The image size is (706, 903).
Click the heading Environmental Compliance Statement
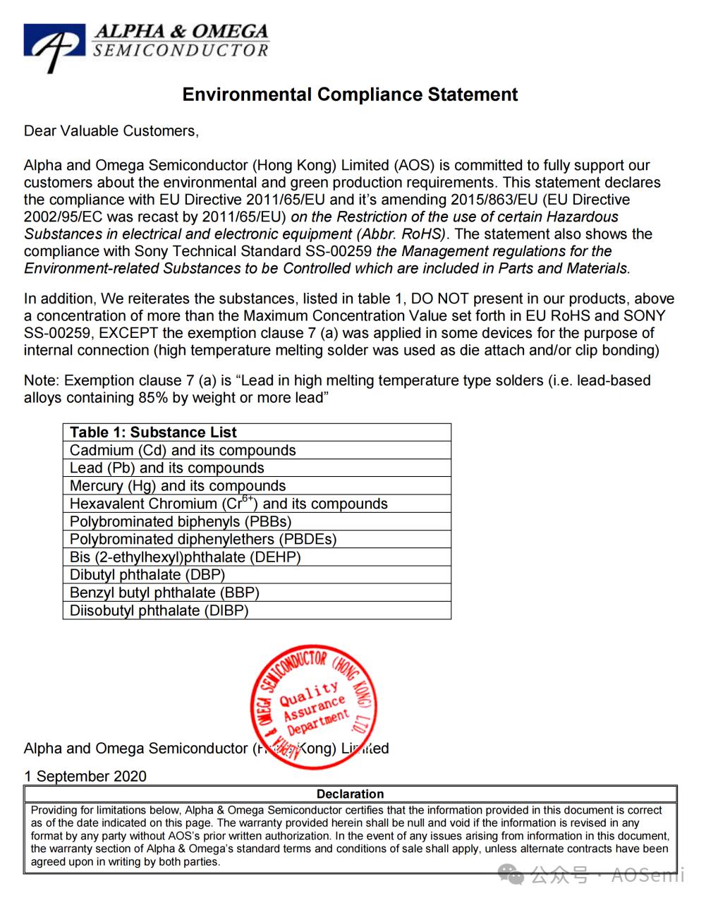(x=350, y=95)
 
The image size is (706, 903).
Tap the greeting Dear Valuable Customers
(x=111, y=131)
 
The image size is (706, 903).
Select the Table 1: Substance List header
(x=153, y=432)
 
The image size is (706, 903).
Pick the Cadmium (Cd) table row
(x=183, y=450)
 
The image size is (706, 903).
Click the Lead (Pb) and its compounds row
(x=166, y=468)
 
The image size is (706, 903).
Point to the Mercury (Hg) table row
(x=178, y=486)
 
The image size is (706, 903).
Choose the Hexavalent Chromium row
(x=229, y=504)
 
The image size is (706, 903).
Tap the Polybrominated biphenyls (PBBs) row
(x=181, y=522)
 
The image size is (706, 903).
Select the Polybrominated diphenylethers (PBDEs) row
(x=203, y=540)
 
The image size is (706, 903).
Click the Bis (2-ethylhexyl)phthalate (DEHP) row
(x=185, y=557)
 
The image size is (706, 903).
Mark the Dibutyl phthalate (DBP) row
(x=147, y=575)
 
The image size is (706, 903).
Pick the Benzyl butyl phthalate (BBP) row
(x=164, y=593)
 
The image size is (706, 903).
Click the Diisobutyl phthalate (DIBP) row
(x=159, y=611)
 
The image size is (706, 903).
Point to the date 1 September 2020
(x=85, y=777)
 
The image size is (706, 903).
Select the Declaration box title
(x=350, y=794)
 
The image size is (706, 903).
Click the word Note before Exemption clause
(x=40, y=381)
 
